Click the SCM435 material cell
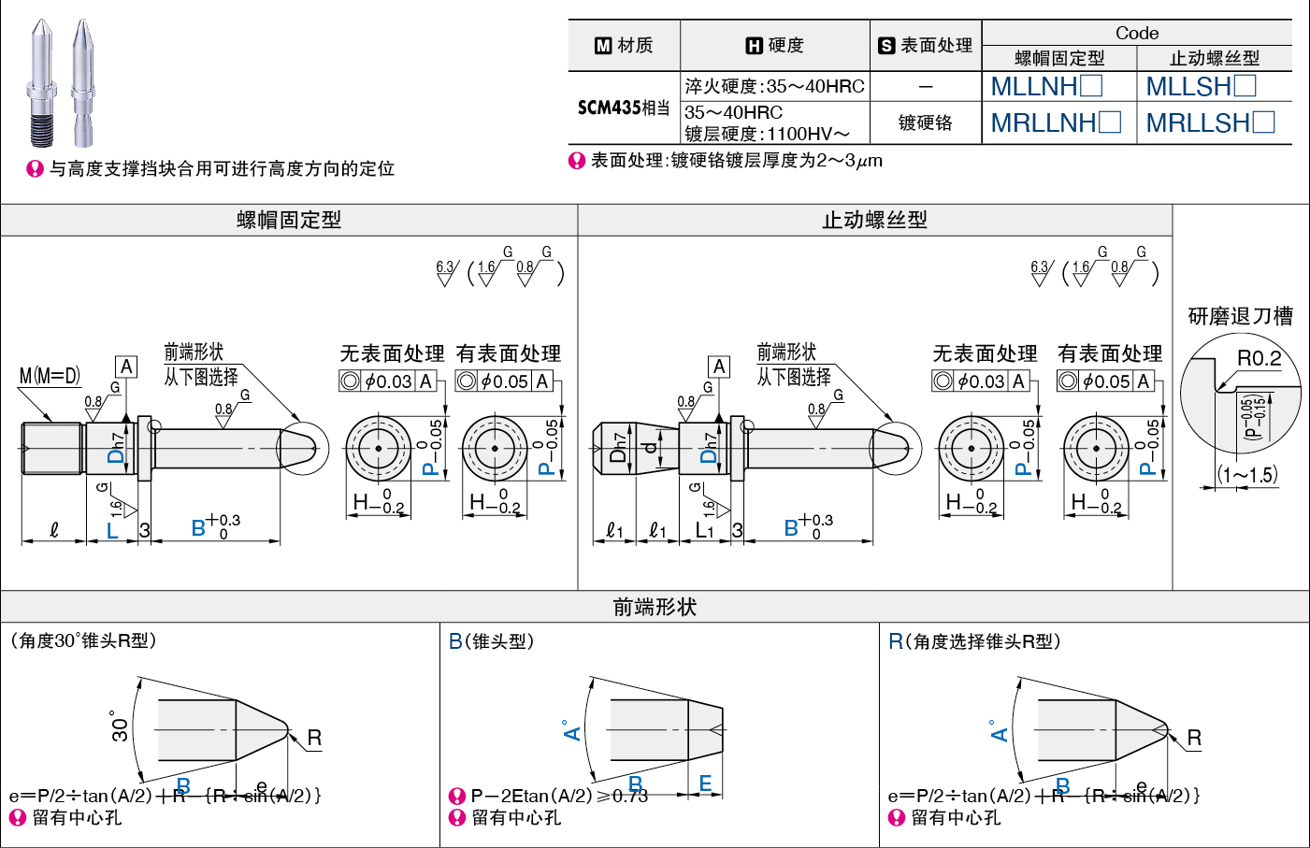623,108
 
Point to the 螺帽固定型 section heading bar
289,221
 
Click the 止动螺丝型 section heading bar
874,221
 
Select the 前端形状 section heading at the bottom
655,607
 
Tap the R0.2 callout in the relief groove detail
1259,358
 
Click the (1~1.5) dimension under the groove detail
1247,475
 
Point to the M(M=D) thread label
50,376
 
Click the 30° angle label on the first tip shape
120,726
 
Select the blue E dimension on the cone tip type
705,783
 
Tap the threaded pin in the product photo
41,84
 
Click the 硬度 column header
775,45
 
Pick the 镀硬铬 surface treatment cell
925,122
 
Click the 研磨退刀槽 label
1240,316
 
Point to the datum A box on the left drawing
126,367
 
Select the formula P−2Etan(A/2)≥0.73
558,796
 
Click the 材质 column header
625,45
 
